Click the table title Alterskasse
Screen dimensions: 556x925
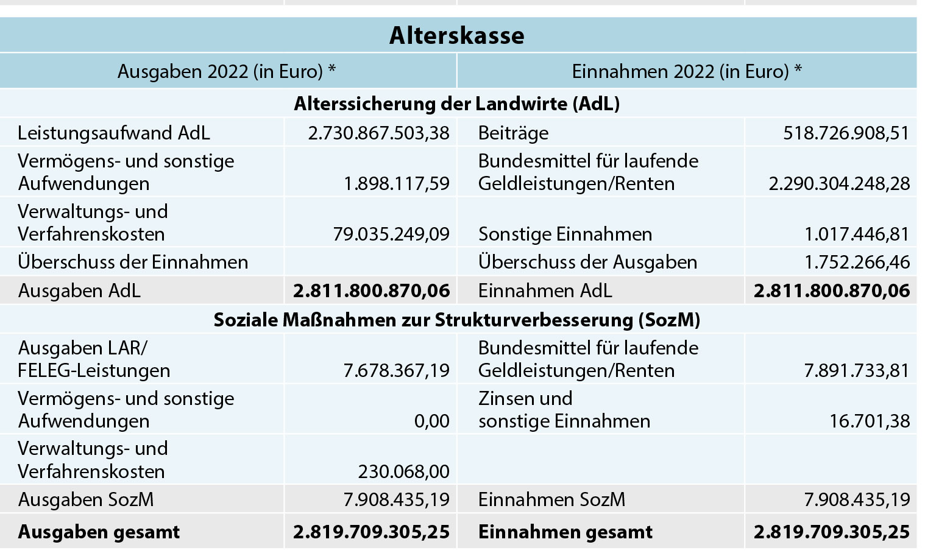457,35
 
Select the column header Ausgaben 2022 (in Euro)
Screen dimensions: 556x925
227,71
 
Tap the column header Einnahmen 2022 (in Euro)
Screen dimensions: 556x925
686,71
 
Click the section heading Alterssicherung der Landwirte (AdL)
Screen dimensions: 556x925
457,104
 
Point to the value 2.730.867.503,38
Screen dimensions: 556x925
378,133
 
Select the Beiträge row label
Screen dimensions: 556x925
513,133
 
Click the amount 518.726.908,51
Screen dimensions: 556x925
846,133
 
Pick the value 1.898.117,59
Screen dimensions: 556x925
397,183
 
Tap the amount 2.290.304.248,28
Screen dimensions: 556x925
839,183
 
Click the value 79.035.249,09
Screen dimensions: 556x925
391,234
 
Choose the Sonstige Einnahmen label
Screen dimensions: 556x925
565,234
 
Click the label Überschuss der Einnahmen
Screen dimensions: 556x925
133,262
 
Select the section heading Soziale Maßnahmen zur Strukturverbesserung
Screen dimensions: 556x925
457,320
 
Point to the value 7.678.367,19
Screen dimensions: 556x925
397,370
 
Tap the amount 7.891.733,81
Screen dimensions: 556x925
857,370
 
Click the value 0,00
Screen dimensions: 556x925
431,421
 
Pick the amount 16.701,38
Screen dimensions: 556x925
870,421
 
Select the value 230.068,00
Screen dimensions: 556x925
403,471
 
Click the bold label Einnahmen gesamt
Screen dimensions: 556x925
565,532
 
